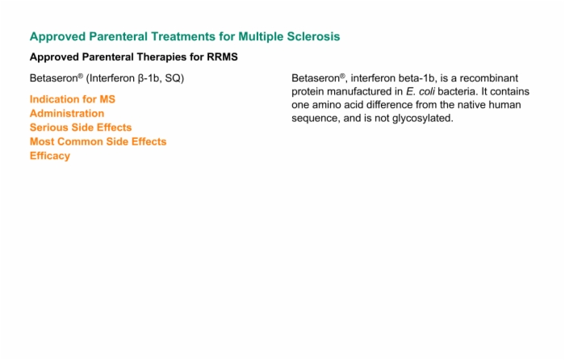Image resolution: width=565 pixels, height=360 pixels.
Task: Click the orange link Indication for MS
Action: click(73, 99)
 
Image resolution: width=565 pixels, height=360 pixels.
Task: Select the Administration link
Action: click(67, 114)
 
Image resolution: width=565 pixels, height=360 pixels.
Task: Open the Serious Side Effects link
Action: click(81, 128)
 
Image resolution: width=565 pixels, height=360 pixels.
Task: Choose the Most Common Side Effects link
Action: click(98, 141)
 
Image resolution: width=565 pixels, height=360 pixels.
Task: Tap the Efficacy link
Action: click(50, 156)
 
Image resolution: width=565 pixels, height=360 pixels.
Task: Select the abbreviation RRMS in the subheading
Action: click(222, 57)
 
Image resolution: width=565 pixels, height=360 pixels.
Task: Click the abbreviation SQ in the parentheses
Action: click(173, 78)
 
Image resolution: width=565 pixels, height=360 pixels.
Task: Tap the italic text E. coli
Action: click(421, 91)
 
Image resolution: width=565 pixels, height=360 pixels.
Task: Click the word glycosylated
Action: click(422, 119)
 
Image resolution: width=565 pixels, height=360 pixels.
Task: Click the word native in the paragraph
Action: click(471, 105)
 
